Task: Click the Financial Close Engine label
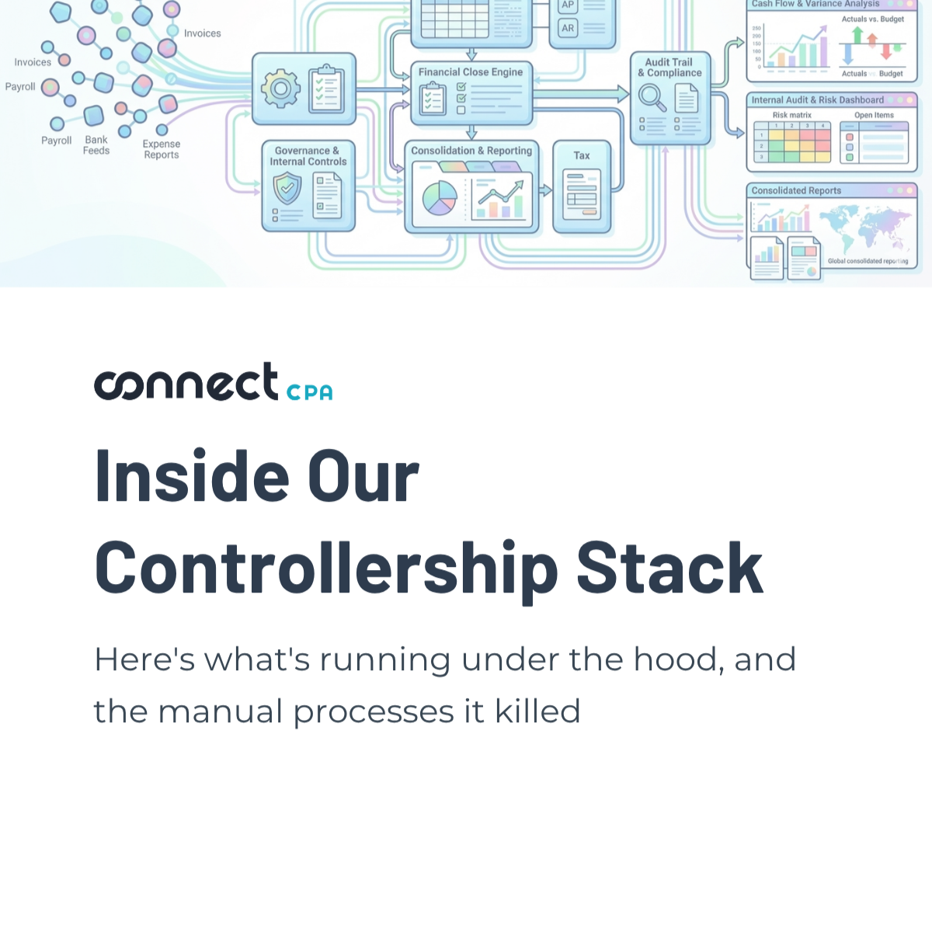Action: pyautogui.click(x=471, y=72)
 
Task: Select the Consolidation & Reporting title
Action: pyautogui.click(x=471, y=151)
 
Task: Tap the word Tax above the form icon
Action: pyautogui.click(x=582, y=155)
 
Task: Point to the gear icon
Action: pyautogui.click(x=280, y=89)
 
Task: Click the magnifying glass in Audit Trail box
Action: pyautogui.click(x=651, y=98)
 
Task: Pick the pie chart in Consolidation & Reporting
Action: pyautogui.click(x=440, y=198)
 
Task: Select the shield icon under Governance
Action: pyautogui.click(x=287, y=188)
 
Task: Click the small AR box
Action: pyautogui.click(x=568, y=28)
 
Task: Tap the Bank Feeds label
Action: pyautogui.click(x=96, y=145)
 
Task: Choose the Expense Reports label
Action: pyautogui.click(x=162, y=149)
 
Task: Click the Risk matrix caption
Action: pyautogui.click(x=791, y=115)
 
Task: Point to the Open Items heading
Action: pyautogui.click(x=874, y=115)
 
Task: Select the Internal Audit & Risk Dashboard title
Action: pyautogui.click(x=817, y=100)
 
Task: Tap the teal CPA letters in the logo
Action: pyautogui.click(x=309, y=393)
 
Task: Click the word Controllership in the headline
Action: pyautogui.click(x=326, y=569)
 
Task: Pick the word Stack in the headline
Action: pyautogui.click(x=669, y=569)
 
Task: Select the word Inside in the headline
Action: pyautogui.click(x=192, y=477)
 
